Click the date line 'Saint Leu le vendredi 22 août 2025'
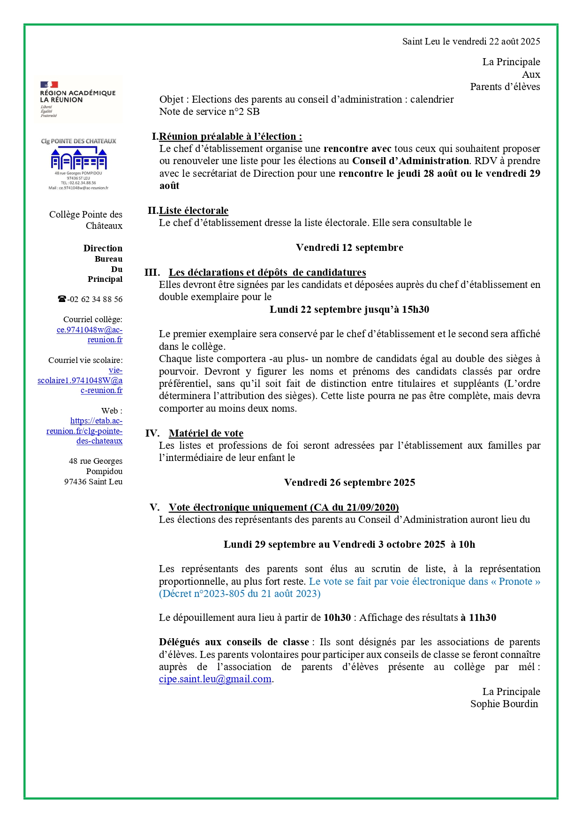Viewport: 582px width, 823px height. click(471, 41)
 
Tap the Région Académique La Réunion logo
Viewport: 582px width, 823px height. click(78, 99)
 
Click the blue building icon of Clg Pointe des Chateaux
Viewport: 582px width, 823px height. click(79, 159)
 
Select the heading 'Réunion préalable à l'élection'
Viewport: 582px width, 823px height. click(230, 136)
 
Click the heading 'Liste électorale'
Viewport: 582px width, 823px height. click(194, 211)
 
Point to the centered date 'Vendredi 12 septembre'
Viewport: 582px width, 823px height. click(349, 248)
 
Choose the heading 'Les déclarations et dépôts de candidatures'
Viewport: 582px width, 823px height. click(267, 272)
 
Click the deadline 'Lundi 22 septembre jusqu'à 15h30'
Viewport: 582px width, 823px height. click(349, 310)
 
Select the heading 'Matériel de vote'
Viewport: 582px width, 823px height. click(206, 433)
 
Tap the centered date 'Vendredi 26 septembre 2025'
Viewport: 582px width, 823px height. click(349, 483)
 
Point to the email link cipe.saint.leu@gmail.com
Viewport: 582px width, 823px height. click(215, 679)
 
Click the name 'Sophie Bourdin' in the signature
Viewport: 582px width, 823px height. click(504, 704)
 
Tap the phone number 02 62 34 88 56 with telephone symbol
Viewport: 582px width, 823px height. click(90, 299)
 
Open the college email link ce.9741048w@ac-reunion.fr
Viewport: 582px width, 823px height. click(90, 334)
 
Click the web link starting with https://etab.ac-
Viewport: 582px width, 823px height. click(85, 431)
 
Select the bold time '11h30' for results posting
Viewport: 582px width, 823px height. click(482, 618)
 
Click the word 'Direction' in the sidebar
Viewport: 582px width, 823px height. click(103, 248)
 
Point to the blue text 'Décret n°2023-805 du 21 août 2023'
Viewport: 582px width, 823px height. click(240, 594)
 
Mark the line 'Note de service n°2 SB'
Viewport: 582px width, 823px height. click(209, 112)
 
